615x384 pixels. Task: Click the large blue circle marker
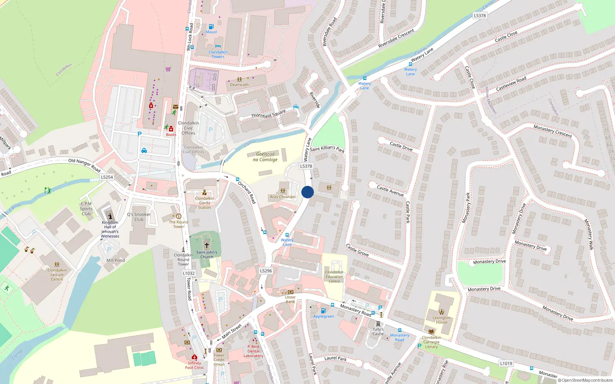[x=307, y=192]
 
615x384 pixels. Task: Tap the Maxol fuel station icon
[x=211, y=27]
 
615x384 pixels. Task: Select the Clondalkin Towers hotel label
[x=218, y=54]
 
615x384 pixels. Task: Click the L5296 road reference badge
[x=266, y=271]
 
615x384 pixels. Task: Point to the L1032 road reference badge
[x=188, y=273]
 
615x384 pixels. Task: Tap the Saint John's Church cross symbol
[x=206, y=245]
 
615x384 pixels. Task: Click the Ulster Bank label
[x=290, y=300]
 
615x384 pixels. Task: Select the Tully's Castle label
[x=378, y=331]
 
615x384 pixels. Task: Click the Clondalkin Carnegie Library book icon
[x=431, y=331]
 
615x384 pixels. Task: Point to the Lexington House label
[x=441, y=320]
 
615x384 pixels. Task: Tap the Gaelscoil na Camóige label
[x=265, y=157]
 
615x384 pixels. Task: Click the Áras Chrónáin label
[x=283, y=197]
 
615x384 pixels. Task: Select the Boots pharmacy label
[x=171, y=135]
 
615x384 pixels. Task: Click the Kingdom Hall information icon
[x=110, y=216]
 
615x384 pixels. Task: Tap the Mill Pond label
[x=115, y=260]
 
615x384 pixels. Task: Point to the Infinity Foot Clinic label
[x=194, y=365]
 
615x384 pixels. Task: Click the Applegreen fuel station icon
[x=323, y=311]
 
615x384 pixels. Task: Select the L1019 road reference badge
[x=506, y=363]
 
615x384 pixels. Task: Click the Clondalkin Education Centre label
[x=334, y=276]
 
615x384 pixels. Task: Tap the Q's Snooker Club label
[x=139, y=217]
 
